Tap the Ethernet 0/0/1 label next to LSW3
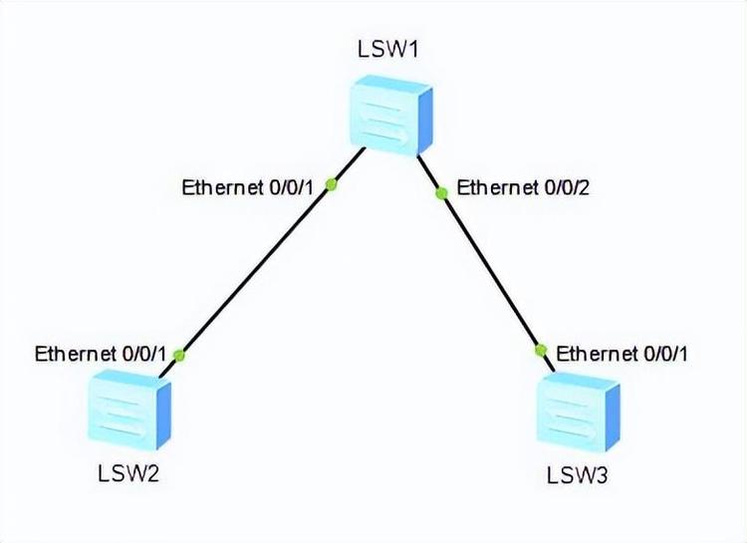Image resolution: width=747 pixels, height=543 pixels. click(622, 353)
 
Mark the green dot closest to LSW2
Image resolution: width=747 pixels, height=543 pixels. click(179, 354)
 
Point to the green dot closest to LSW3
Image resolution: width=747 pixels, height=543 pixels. click(542, 350)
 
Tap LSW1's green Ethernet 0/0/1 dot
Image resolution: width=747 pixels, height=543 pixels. click(332, 184)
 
